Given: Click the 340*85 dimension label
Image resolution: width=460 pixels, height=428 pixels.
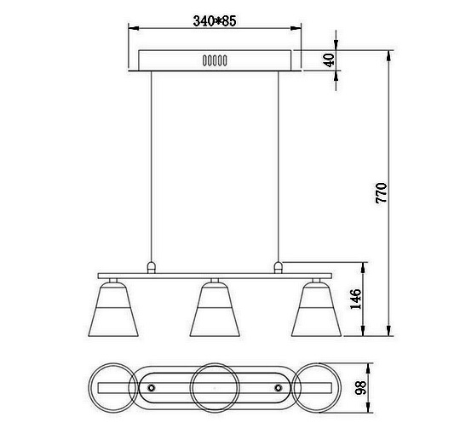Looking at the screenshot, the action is [215, 20].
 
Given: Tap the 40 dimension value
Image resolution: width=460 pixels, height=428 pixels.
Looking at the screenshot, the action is [329, 60].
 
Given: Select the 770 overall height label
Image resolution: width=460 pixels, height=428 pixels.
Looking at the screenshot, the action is [382, 193].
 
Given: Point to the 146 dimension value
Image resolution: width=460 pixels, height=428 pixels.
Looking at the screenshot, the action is [355, 299].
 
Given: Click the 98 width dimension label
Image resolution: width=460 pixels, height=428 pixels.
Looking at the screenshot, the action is [361, 387].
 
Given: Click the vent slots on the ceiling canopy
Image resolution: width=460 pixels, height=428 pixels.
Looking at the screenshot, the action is [215, 60].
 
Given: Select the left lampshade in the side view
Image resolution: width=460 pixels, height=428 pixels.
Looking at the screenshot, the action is [113, 310].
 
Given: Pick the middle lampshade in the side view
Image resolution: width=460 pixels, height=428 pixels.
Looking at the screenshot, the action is [215, 310].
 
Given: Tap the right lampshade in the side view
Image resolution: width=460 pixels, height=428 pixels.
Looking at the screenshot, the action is [316, 310].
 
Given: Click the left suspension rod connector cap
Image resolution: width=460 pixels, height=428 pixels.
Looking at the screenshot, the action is [151, 268].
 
